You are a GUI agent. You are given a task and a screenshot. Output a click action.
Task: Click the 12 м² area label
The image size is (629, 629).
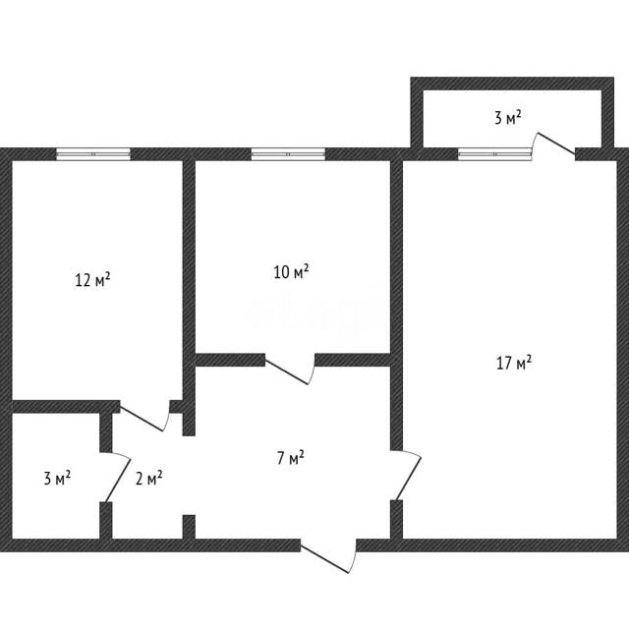[92, 279]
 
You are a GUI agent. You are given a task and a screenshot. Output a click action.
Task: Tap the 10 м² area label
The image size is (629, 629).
[291, 271]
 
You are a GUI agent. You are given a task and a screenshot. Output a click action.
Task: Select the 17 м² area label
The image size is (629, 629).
[514, 363]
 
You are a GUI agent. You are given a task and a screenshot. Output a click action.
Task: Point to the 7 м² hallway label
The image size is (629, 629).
[291, 458]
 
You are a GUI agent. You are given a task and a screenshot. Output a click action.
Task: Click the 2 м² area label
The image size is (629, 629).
[148, 478]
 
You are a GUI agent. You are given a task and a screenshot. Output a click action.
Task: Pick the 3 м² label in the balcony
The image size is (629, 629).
[508, 118]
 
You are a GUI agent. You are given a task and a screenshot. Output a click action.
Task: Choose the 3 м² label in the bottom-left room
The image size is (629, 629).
[57, 479]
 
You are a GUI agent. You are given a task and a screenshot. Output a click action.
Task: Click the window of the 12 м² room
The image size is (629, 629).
[93, 154]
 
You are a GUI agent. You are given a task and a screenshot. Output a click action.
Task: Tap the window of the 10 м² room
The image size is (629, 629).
[288, 154]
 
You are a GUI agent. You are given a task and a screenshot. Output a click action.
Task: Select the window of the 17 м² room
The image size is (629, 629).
[495, 154]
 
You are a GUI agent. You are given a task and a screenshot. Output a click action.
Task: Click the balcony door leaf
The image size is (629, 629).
[556, 143]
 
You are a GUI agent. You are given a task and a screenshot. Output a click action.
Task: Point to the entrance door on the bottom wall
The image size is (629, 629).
[325, 559]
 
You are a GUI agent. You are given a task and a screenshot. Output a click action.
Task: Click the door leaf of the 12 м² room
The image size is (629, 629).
[142, 420]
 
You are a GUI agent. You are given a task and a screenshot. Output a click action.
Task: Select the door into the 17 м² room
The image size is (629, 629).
[409, 479]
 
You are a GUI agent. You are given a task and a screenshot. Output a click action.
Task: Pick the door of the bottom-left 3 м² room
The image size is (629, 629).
[118, 480]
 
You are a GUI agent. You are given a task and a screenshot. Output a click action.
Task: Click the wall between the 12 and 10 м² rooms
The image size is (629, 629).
[189, 298]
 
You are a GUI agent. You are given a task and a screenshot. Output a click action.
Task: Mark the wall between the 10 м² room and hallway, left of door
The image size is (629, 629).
[230, 360]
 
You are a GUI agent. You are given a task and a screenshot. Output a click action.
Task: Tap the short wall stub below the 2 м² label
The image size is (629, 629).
[189, 527]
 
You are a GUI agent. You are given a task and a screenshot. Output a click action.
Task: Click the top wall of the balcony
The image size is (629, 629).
[512, 84]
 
